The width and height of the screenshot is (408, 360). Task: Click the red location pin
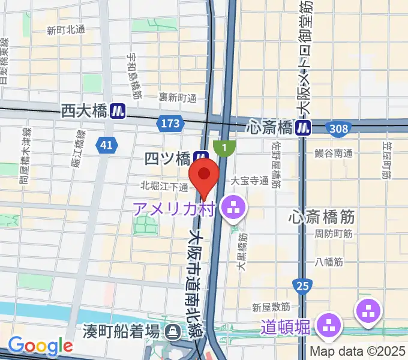click(x=204, y=174)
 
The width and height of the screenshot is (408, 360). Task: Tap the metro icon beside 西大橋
click(x=119, y=110)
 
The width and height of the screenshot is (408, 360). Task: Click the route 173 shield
click(x=170, y=124)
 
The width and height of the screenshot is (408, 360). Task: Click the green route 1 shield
click(x=224, y=146)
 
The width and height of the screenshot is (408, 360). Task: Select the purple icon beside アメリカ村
click(x=231, y=208)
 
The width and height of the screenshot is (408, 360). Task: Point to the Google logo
click(x=40, y=346)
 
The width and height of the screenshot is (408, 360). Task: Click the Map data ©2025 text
click(x=358, y=352)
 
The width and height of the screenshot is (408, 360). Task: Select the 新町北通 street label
click(x=66, y=29)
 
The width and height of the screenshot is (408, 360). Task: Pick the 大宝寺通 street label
click(x=248, y=179)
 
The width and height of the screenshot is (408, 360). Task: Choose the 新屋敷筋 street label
click(x=271, y=307)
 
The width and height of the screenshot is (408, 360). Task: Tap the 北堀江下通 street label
click(x=165, y=185)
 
